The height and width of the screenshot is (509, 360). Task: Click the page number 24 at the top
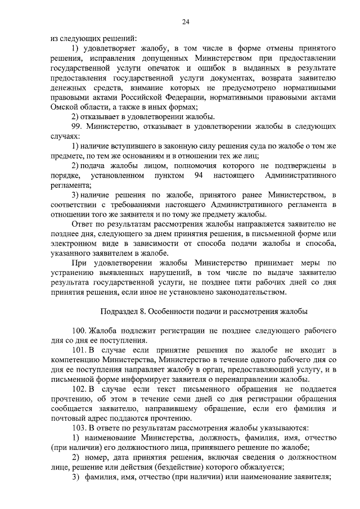[x=186, y=22]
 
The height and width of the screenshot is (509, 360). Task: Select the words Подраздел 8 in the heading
[x=123, y=311]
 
